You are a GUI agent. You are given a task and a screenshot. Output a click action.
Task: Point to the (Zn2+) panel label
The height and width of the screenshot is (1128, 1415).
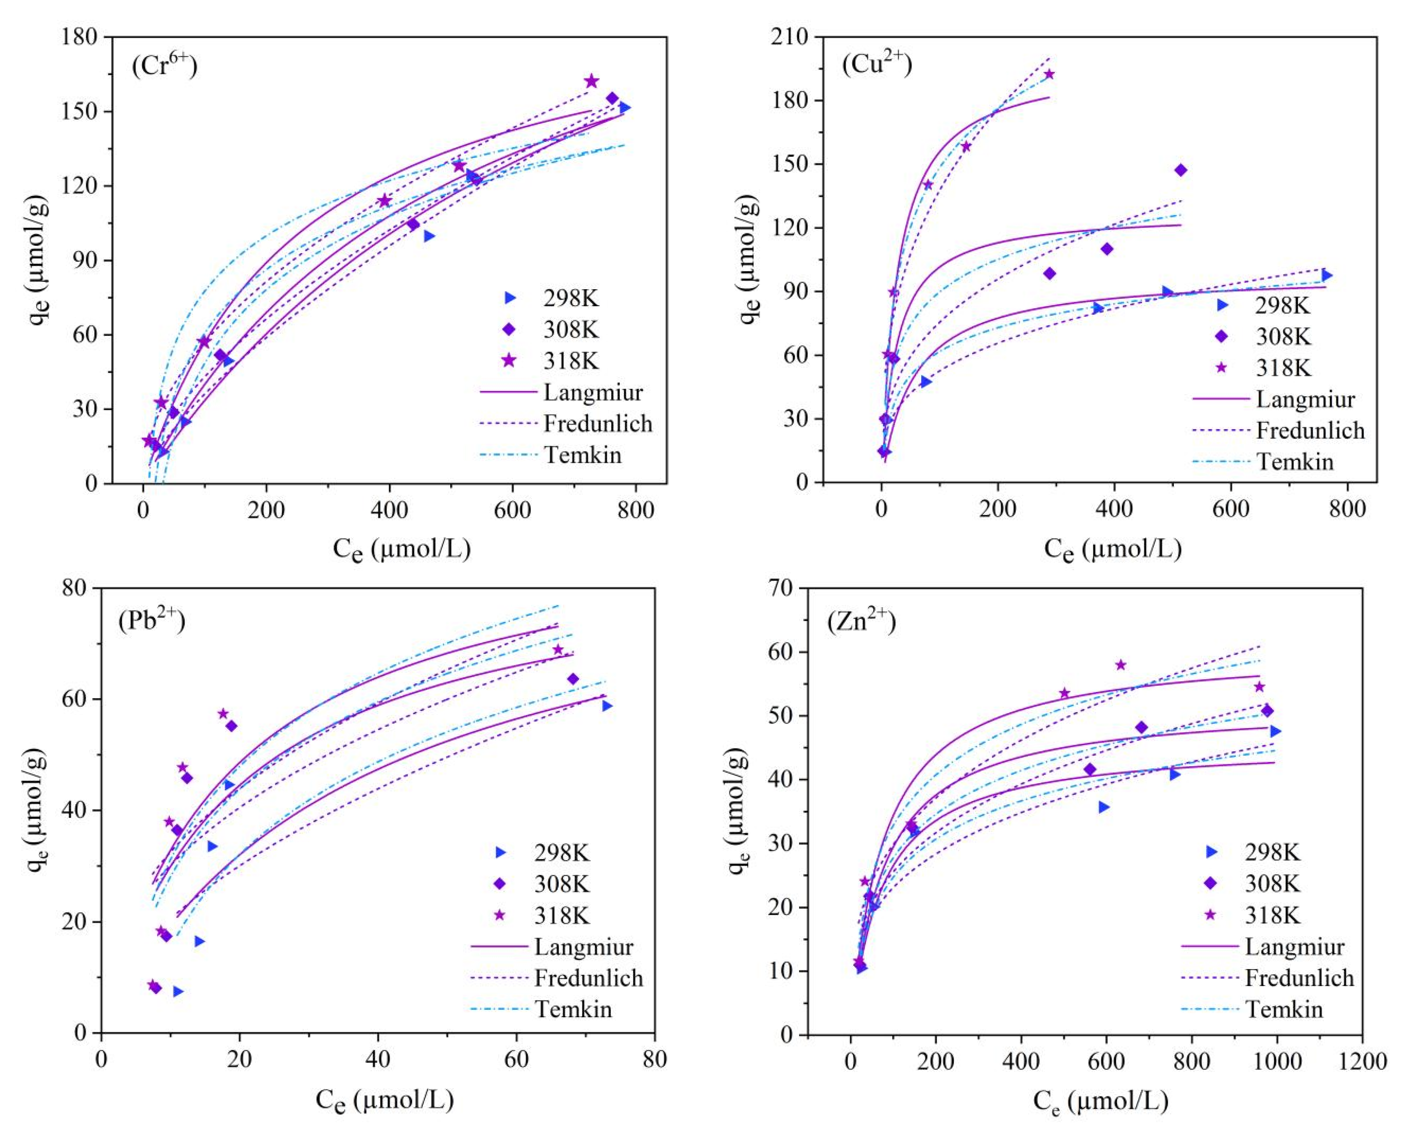[862, 620]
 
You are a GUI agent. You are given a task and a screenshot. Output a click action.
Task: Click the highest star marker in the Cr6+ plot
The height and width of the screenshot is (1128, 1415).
[591, 81]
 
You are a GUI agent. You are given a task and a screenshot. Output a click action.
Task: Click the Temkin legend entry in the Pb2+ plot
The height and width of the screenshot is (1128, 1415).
[573, 1009]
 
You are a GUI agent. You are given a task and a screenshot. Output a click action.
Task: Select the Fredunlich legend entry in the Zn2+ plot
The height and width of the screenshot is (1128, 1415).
[1299, 978]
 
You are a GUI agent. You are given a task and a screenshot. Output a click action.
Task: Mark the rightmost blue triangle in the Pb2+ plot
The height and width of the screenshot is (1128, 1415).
[607, 706]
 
